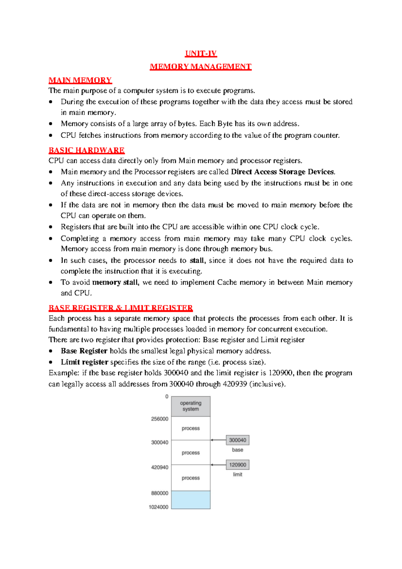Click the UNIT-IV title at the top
[201, 53]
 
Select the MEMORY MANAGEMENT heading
[200, 66]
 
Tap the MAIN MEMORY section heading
[80, 80]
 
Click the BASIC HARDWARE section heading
[86, 150]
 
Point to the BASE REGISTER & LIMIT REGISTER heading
[121, 308]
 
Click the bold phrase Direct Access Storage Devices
[283, 172]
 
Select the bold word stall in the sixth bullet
[197, 260]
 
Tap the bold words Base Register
[84, 351]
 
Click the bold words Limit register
[84, 362]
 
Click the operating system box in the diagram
[191, 406]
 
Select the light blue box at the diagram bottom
[191, 500]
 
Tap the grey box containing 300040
[238, 440]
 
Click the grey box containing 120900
[238, 465]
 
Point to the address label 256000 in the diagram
[160, 419]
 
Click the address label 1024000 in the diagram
[158, 507]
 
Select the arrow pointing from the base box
[218, 440]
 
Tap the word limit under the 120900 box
[238, 474]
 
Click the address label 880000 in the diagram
[160, 493]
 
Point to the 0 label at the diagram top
[167, 397]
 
